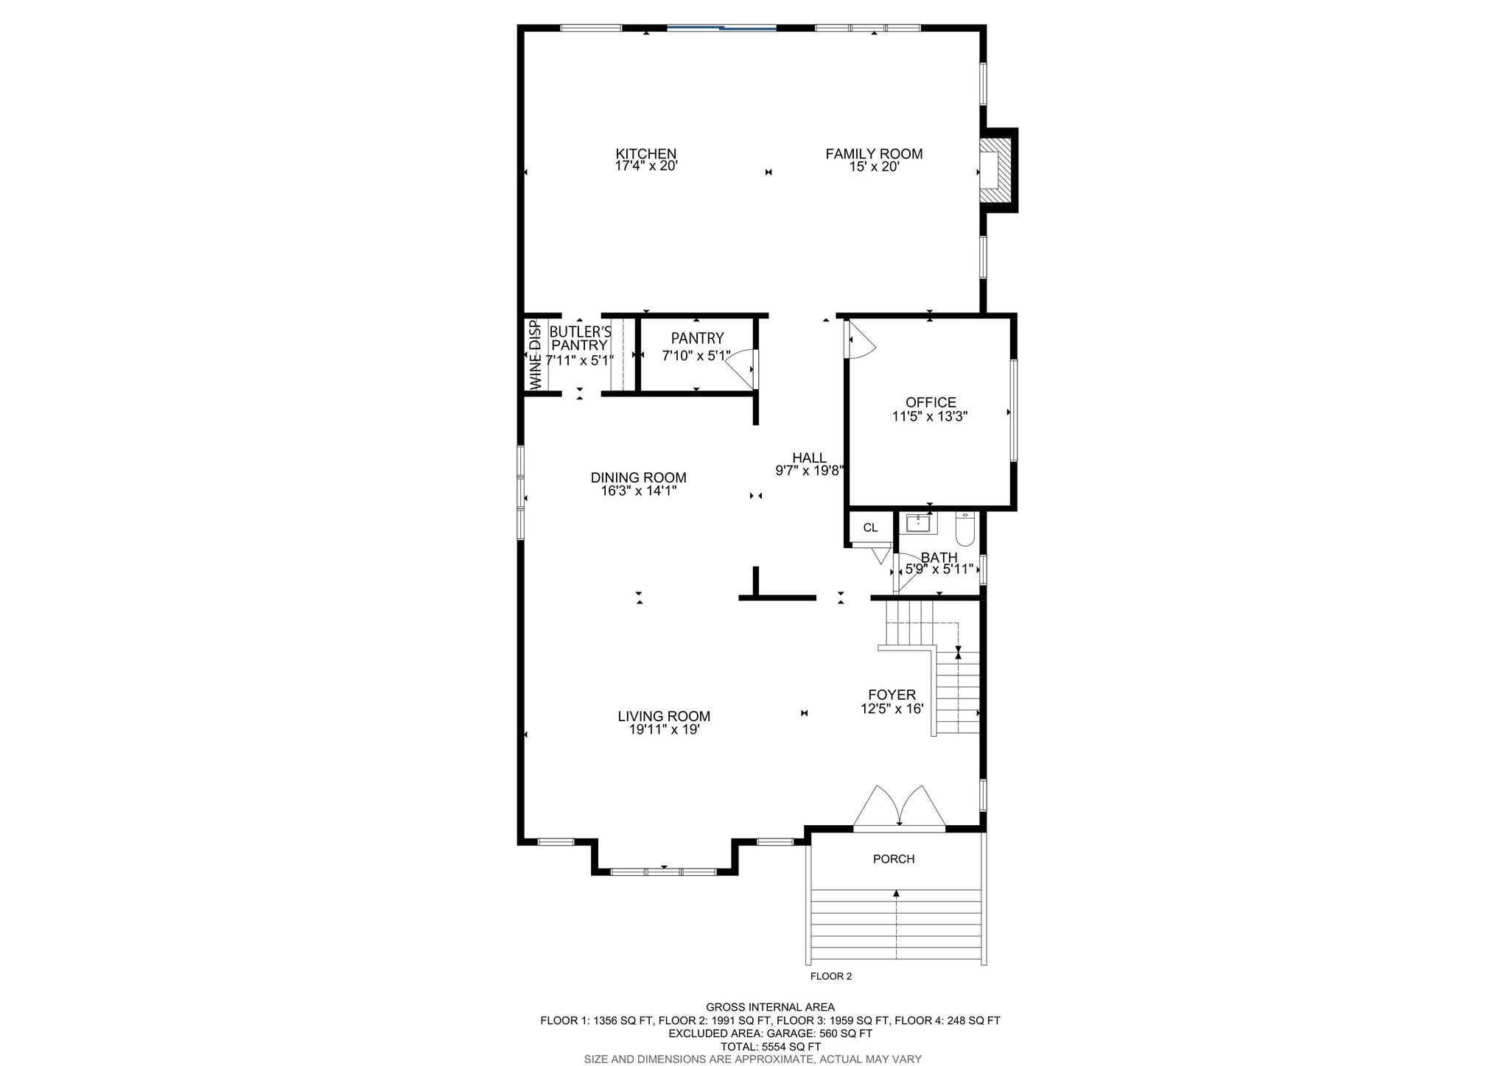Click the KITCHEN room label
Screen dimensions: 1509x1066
(x=646, y=154)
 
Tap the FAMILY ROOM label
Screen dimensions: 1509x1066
(x=874, y=154)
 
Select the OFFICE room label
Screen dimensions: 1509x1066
(x=931, y=402)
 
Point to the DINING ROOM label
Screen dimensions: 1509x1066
(x=639, y=477)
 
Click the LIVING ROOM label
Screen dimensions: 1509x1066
(x=664, y=716)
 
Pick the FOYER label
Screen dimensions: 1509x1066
(x=892, y=695)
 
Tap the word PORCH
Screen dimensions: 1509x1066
(x=894, y=859)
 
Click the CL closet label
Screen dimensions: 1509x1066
(x=870, y=527)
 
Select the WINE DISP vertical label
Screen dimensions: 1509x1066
(x=536, y=355)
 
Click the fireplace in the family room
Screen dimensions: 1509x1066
(x=997, y=171)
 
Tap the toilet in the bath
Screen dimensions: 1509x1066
(x=964, y=527)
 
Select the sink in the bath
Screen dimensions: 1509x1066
(x=919, y=524)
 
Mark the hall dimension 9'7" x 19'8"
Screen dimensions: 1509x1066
(x=809, y=471)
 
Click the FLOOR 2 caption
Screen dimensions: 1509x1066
(x=831, y=977)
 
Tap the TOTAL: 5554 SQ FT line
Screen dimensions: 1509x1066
(x=771, y=1046)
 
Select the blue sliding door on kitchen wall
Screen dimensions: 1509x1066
(x=722, y=29)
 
